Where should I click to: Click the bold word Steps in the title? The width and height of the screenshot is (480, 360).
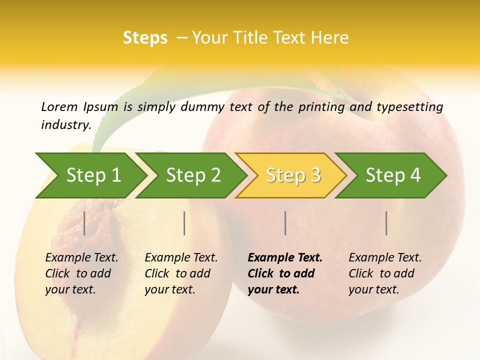point(145,38)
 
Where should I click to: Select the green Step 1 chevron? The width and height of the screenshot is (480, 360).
point(90,175)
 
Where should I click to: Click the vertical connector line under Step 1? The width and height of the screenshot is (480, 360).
point(84,223)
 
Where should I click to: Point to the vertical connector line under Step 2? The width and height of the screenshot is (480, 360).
point(184,223)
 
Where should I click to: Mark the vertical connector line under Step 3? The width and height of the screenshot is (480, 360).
point(285,223)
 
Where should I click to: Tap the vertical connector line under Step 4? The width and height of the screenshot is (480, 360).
point(386,223)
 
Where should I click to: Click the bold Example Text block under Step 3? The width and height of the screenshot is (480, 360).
point(285,273)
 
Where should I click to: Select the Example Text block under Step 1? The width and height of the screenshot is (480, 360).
point(81,273)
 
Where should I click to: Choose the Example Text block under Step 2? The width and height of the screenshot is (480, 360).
point(181,273)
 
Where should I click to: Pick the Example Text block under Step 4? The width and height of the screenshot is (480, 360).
point(385,273)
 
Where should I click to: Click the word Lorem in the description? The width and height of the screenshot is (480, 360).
point(59,106)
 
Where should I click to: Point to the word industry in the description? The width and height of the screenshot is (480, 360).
point(65,124)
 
